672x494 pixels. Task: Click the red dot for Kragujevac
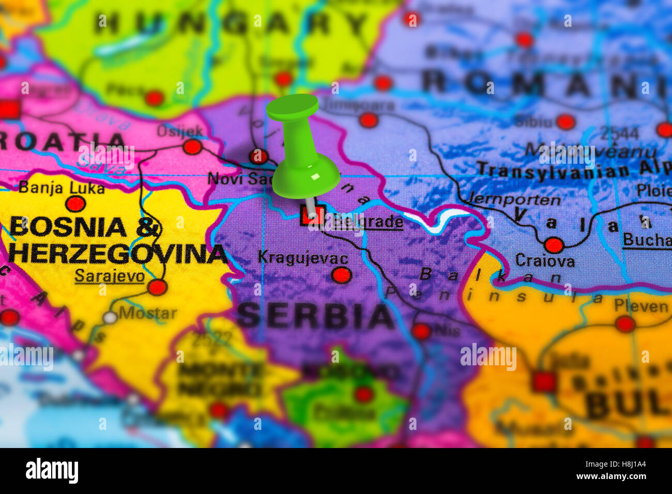click(x=341, y=275)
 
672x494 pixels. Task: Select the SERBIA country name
click(x=316, y=316)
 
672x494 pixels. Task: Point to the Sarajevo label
click(x=110, y=276)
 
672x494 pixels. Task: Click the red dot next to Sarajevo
click(x=157, y=287)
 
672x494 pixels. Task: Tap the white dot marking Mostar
click(x=110, y=317)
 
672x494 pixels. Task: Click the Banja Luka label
click(x=62, y=188)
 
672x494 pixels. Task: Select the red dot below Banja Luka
click(x=75, y=204)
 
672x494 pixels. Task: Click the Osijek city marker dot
click(x=192, y=147)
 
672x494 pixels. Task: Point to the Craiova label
click(x=545, y=261)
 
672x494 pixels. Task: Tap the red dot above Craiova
click(x=554, y=245)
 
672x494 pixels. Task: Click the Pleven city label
click(x=641, y=306)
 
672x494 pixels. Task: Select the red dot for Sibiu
click(x=565, y=122)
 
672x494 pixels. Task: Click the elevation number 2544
click(x=619, y=133)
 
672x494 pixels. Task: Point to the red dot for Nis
click(x=421, y=331)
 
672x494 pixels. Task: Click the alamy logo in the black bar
click(x=52, y=471)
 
